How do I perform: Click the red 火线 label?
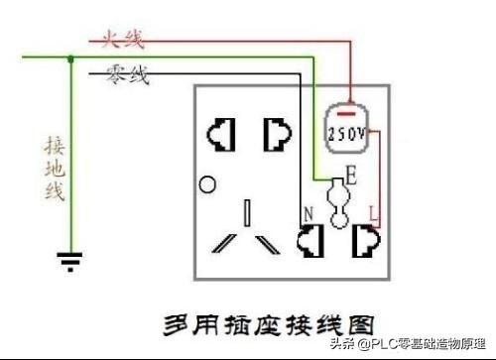coord(120,40)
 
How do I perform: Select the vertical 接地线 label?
coord(55,168)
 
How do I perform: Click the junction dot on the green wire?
coord(69,60)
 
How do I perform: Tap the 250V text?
coord(346,132)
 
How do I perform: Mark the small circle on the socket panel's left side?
coord(207,183)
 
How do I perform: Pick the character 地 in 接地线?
coord(55,168)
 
